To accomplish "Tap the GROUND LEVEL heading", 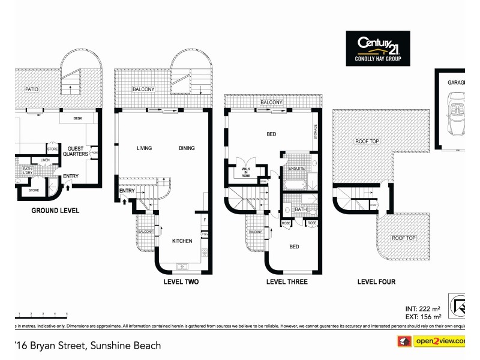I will tap(55, 211).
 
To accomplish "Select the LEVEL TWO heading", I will tap(181, 281).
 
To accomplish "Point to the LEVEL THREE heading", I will tap(286, 281).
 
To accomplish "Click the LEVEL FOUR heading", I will tap(376, 281).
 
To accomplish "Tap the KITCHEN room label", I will tap(182, 241).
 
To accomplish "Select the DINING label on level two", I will tap(188, 148).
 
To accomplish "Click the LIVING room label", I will tap(144, 148).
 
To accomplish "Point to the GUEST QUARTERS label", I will tap(77, 151).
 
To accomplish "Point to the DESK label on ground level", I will tap(77, 118).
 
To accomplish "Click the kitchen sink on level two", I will tap(182, 266).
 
